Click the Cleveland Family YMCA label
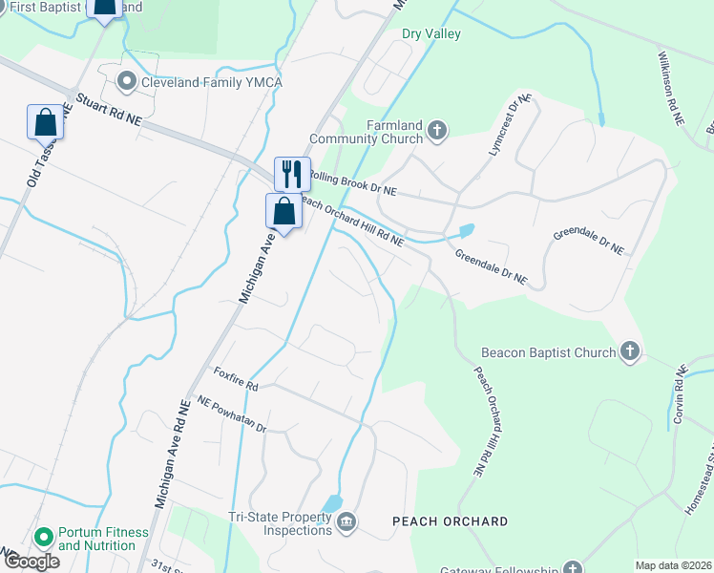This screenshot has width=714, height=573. coord(211,82)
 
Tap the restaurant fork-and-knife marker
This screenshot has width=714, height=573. coord(292,174)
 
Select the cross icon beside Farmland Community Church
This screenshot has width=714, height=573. coord(437,130)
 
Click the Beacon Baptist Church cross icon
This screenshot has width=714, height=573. coord(629,352)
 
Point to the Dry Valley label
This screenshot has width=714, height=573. coord(431,34)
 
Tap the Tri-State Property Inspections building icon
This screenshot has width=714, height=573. coord(346,521)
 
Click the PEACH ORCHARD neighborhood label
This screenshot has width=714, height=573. coord(450,521)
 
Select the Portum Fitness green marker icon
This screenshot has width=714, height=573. coord(42,539)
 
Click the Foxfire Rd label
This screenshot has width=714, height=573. coord(236,379)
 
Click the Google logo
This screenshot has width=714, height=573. coord(31,562)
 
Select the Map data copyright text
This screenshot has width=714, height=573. coord(672,565)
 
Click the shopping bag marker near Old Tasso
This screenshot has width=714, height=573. coord(44,123)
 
